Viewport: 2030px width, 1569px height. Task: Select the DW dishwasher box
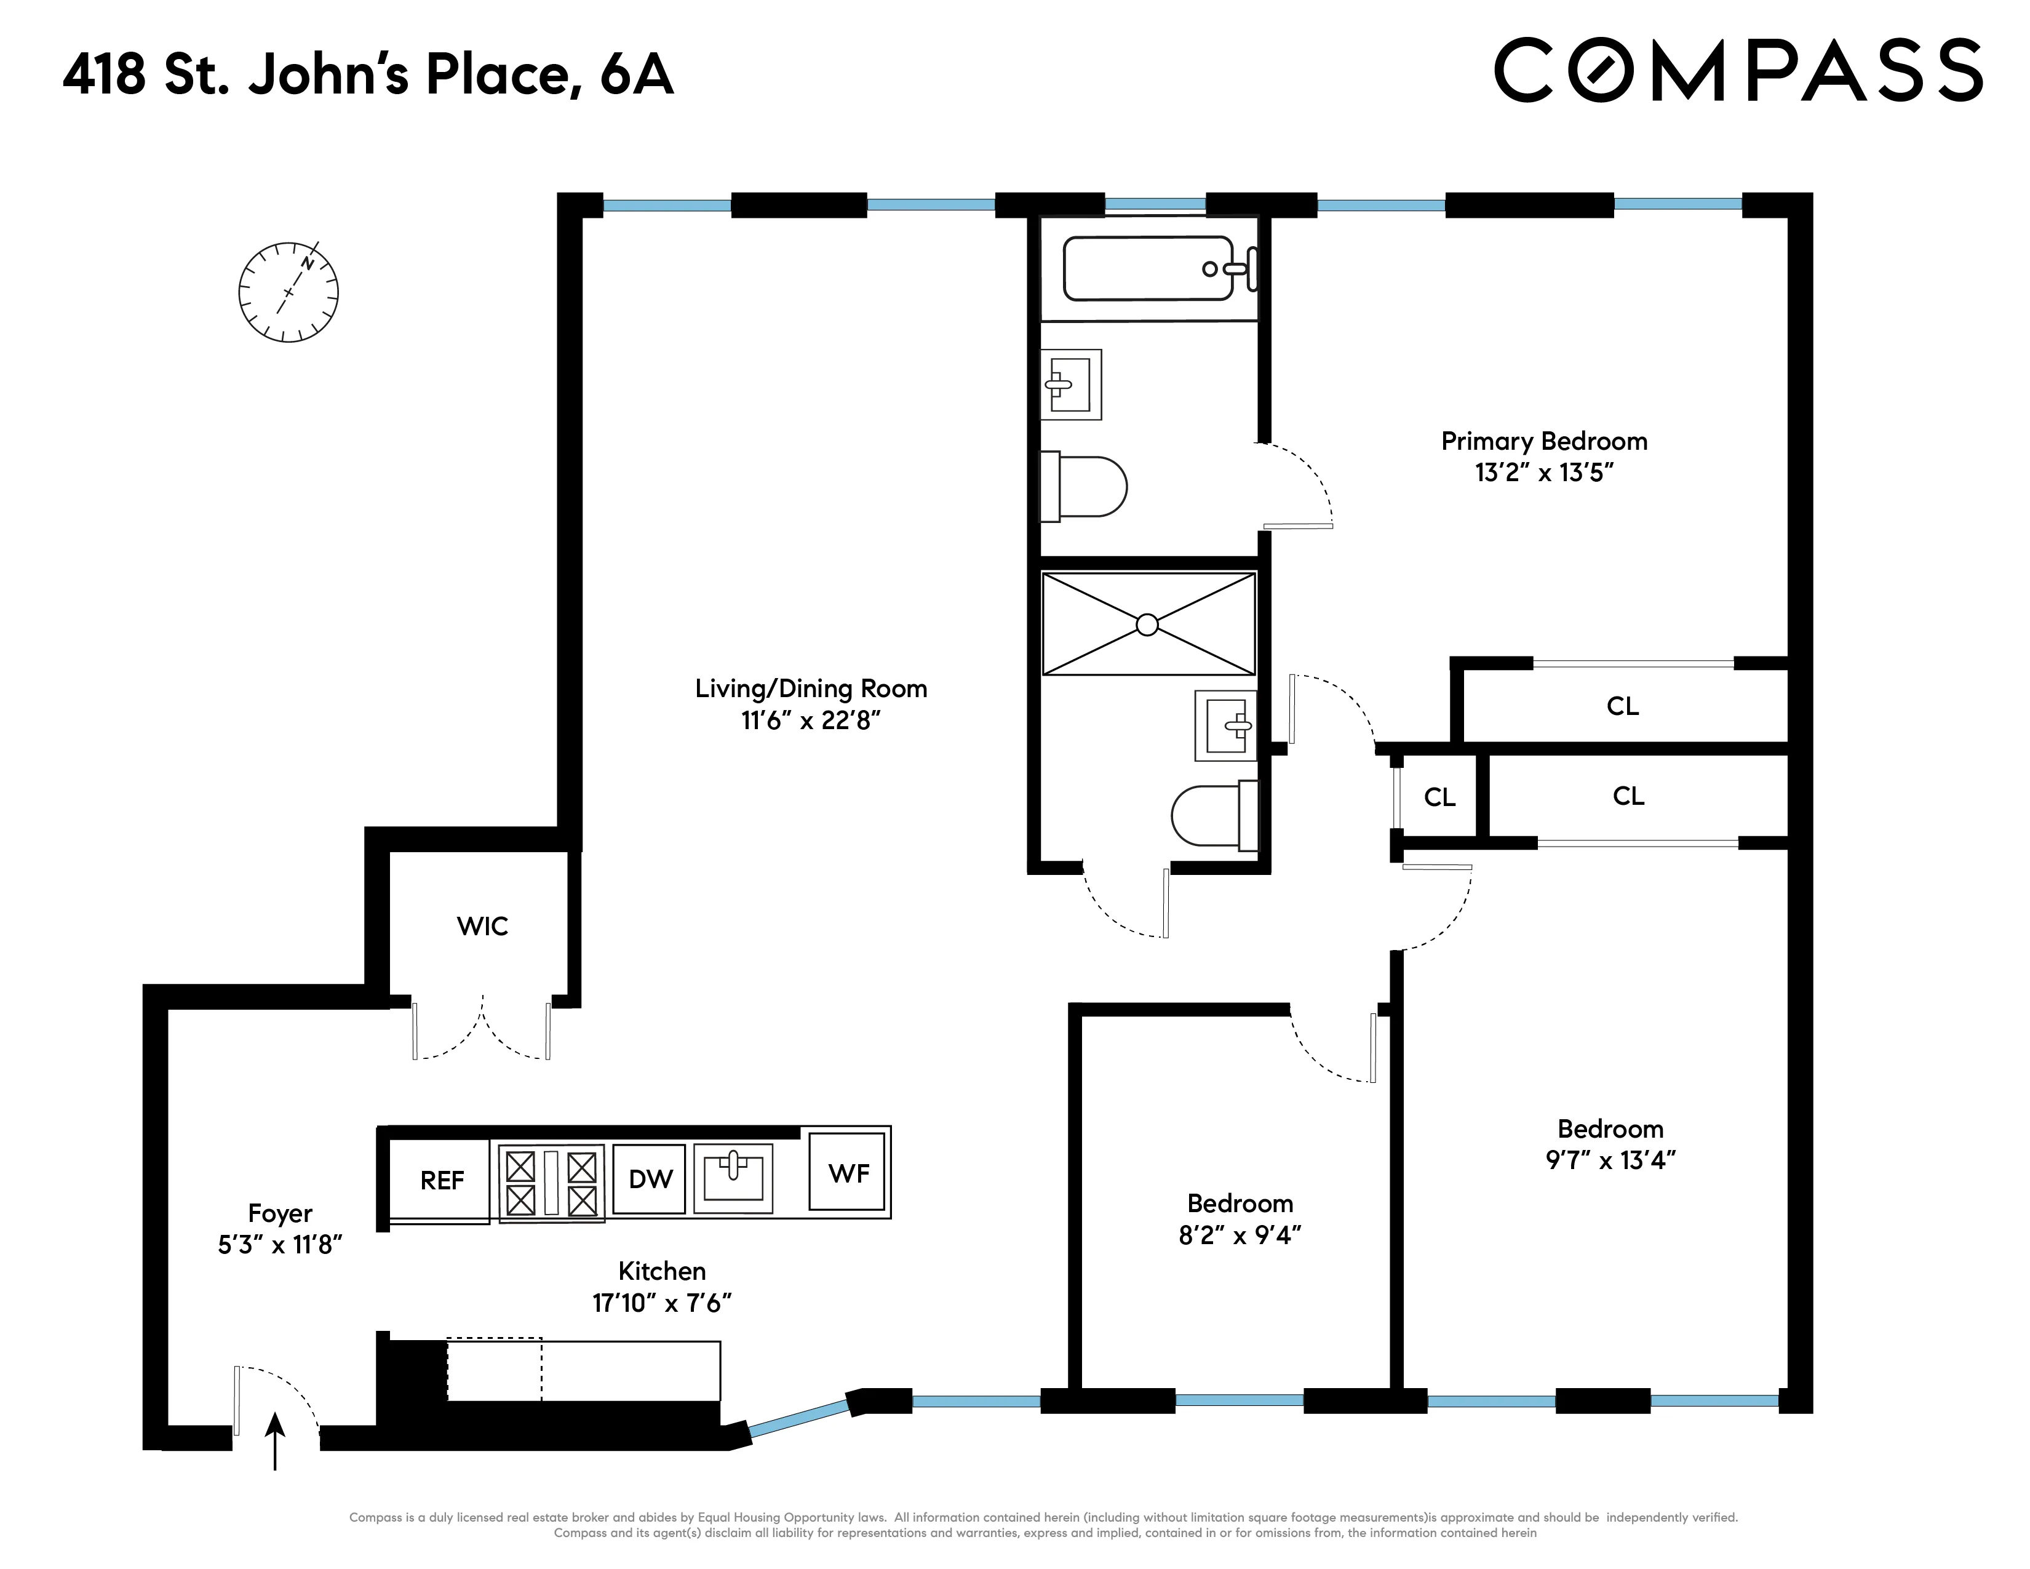[650, 1180]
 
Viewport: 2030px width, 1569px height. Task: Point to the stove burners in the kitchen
[551, 1183]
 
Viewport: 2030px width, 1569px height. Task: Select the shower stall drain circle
[1147, 625]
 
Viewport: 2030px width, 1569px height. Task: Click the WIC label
[482, 926]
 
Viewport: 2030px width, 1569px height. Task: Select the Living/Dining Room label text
[811, 689]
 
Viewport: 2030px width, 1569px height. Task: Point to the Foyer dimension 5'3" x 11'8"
[280, 1245]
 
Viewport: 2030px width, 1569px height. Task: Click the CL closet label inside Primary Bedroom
[1622, 706]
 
